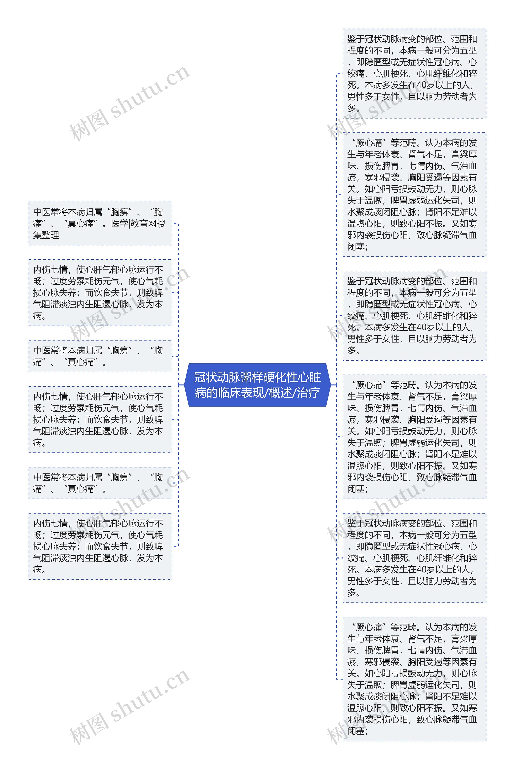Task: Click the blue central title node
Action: click(257, 385)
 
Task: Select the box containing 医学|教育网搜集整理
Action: click(100, 223)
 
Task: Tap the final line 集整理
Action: click(46, 235)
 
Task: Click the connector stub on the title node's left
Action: click(181, 385)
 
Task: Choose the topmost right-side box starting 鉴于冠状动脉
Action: click(414, 74)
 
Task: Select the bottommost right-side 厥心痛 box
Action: click(414, 679)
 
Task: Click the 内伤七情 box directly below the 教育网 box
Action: click(100, 293)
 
